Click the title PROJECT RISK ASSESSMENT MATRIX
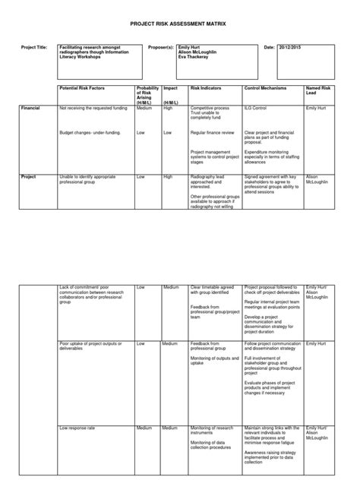pyautogui.click(x=180, y=24)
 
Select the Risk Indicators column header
pyautogui.click(x=206, y=89)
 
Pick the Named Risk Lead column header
pyautogui.click(x=318, y=91)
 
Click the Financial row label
pyautogui.click(x=31, y=109)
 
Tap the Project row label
pyautogui.click(x=29, y=176)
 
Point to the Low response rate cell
pyautogui.click(x=77, y=428)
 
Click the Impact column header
pyautogui.click(x=171, y=89)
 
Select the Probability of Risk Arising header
pyautogui.click(x=147, y=93)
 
